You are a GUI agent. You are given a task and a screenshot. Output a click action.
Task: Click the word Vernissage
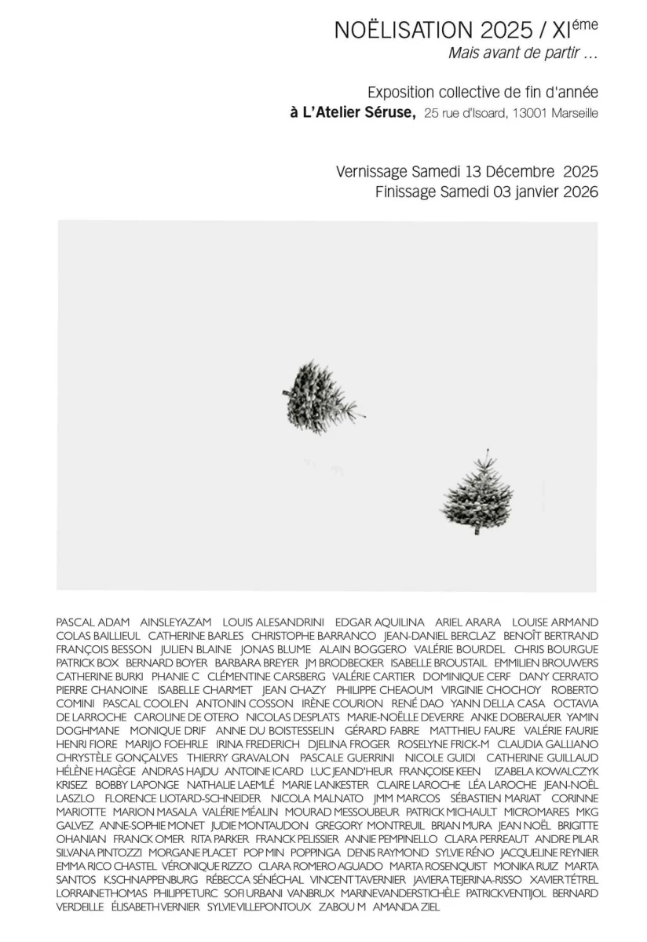click(x=370, y=171)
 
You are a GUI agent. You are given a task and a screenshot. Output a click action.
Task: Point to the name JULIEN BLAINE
click(x=196, y=649)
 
